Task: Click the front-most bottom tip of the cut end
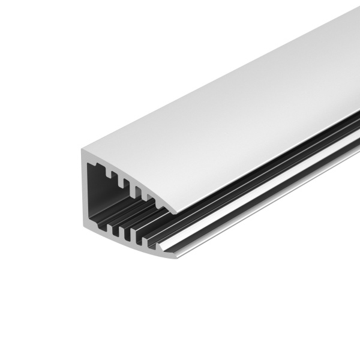point(175,257)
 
